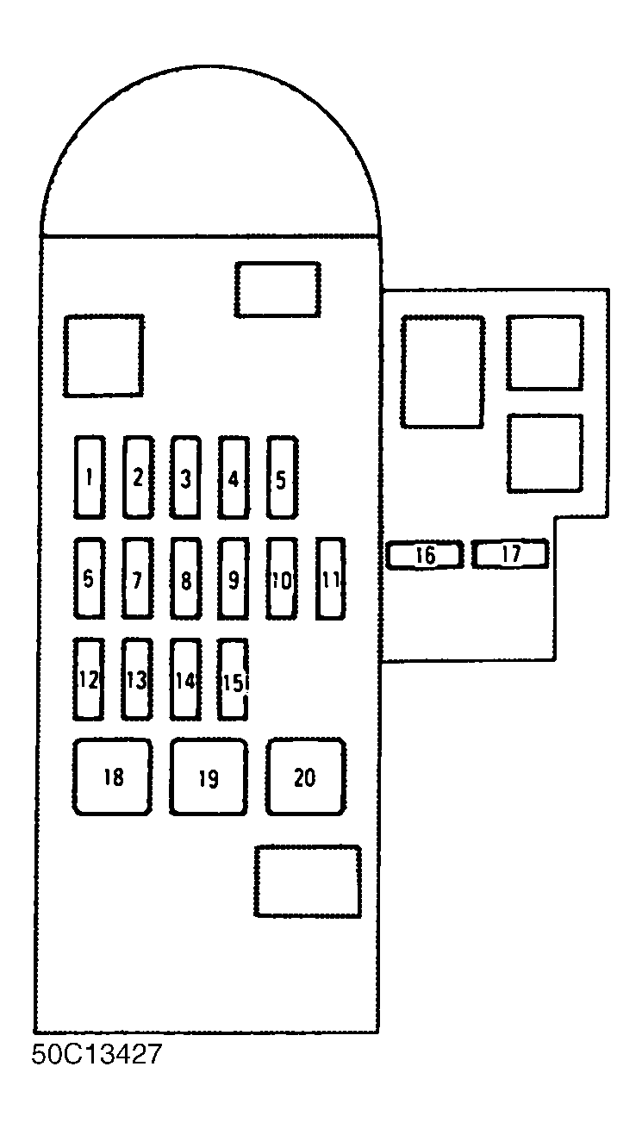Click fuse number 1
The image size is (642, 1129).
pyautogui.click(x=90, y=477)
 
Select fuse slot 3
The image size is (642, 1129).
pyautogui.click(x=185, y=477)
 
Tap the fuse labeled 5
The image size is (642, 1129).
pyautogui.click(x=282, y=477)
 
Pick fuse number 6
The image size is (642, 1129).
pyautogui.click(x=90, y=578)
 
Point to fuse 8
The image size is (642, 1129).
pyautogui.click(x=186, y=578)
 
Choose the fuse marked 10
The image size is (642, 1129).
pyautogui.click(x=282, y=578)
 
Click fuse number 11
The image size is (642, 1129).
pyautogui.click(x=331, y=578)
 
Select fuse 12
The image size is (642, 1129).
pyautogui.click(x=89, y=679)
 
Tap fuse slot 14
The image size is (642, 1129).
pyautogui.click(x=185, y=679)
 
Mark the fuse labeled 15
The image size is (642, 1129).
pyautogui.click(x=233, y=679)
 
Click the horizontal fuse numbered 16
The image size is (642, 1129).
pyautogui.click(x=425, y=554)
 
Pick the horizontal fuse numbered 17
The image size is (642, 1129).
pyautogui.click(x=510, y=553)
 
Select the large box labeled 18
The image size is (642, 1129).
pyautogui.click(x=112, y=777)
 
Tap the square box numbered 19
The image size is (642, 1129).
pyautogui.click(x=209, y=777)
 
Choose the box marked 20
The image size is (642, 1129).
pyautogui.click(x=306, y=777)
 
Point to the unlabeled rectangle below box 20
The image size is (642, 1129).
pyautogui.click(x=308, y=882)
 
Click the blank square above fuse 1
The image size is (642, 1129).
pyautogui.click(x=103, y=356)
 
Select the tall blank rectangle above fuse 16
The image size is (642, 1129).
pyautogui.click(x=443, y=372)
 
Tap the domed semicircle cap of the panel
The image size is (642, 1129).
pyautogui.click(x=210, y=65)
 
